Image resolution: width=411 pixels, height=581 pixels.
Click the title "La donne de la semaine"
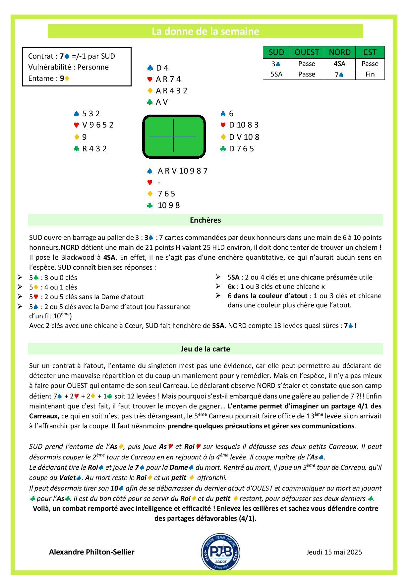[x=205, y=31]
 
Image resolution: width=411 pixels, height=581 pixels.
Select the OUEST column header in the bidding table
[x=307, y=52]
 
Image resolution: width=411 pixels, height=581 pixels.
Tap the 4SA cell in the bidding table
[x=339, y=64]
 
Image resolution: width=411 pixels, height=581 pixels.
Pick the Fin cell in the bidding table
[x=370, y=74]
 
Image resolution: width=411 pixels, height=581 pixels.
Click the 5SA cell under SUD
[x=276, y=74]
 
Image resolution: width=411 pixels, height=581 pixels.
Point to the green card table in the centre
[x=174, y=136]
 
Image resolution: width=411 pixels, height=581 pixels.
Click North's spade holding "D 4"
[x=162, y=68]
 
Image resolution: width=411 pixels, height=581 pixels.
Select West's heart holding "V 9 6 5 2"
[x=97, y=125]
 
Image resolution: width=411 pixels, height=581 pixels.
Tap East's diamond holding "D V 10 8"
[x=244, y=137]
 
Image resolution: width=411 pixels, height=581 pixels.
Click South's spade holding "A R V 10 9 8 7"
[x=182, y=171]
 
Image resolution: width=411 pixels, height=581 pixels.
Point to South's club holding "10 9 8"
[x=169, y=205]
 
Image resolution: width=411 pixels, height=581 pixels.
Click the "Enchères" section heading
[x=205, y=220]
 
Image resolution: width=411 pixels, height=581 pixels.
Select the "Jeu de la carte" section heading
[x=205, y=349]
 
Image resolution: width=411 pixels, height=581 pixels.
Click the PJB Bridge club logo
[x=220, y=552]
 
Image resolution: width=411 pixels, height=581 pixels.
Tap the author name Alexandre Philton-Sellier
[x=92, y=552]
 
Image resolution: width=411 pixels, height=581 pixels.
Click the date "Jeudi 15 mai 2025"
[x=334, y=552]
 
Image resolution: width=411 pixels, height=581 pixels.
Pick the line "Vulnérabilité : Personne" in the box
[x=68, y=67]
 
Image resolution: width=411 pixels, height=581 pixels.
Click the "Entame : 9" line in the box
[x=49, y=78]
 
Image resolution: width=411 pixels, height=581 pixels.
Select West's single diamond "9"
[x=85, y=137]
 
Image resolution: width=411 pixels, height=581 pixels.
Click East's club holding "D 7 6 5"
[x=241, y=149]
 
